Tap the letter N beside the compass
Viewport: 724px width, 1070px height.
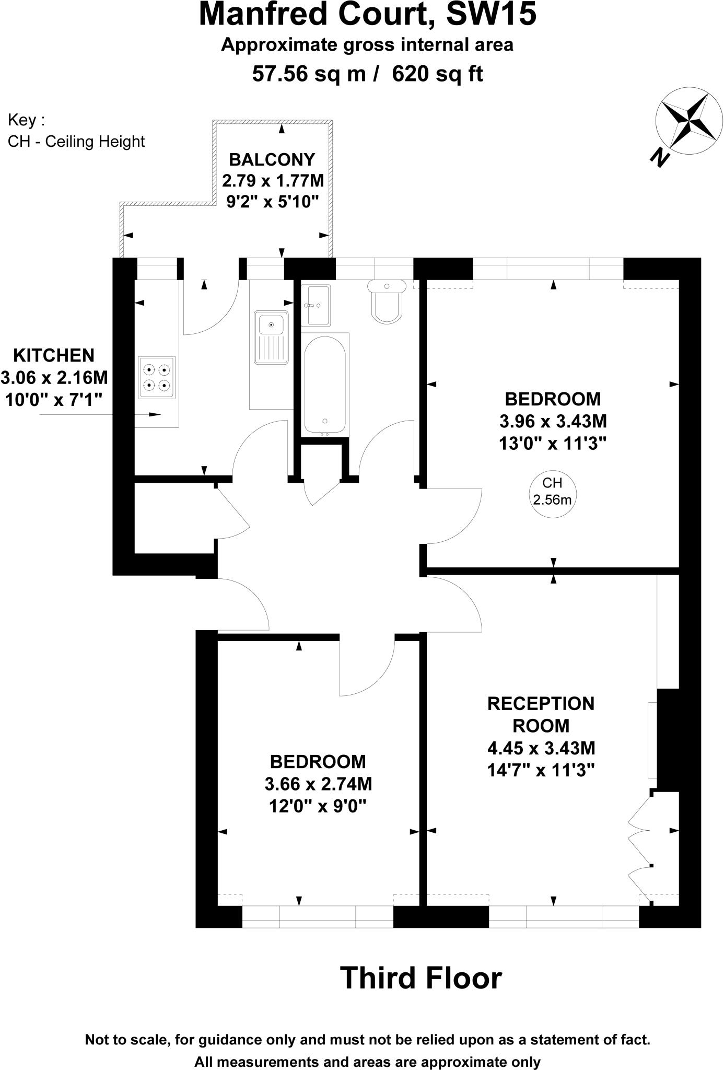(x=660, y=157)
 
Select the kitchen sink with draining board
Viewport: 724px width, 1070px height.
(x=272, y=338)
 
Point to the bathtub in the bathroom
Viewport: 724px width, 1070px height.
(x=325, y=384)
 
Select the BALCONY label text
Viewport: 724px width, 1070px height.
(x=272, y=159)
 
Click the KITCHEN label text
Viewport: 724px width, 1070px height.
(x=54, y=355)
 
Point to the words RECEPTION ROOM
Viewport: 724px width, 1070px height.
(x=541, y=714)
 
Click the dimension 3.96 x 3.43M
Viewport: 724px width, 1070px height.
(x=553, y=421)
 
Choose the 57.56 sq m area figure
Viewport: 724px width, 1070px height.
(x=309, y=74)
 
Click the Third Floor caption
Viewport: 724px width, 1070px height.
(x=421, y=978)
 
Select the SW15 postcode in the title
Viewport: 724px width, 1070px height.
(x=492, y=14)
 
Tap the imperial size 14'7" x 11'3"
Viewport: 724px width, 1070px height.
(x=541, y=771)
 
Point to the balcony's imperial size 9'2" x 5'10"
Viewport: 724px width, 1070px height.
(x=272, y=202)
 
